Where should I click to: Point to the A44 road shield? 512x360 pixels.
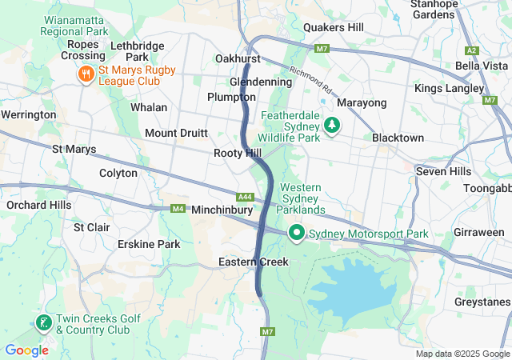tap(246, 197)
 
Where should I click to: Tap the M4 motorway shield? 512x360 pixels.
tap(178, 210)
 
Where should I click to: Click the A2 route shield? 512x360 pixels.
tap(471, 50)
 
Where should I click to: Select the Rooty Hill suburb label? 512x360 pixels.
tap(238, 153)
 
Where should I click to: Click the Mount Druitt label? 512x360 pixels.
tap(176, 133)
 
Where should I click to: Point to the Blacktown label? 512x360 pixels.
tap(398, 138)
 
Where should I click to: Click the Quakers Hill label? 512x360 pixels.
tap(333, 27)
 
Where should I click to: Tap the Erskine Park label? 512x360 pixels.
tap(149, 243)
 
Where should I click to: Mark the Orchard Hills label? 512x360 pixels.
tap(38, 205)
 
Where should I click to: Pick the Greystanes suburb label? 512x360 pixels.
tap(482, 302)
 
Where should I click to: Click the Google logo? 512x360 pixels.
tap(26, 350)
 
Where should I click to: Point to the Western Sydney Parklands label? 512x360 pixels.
tap(302, 198)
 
